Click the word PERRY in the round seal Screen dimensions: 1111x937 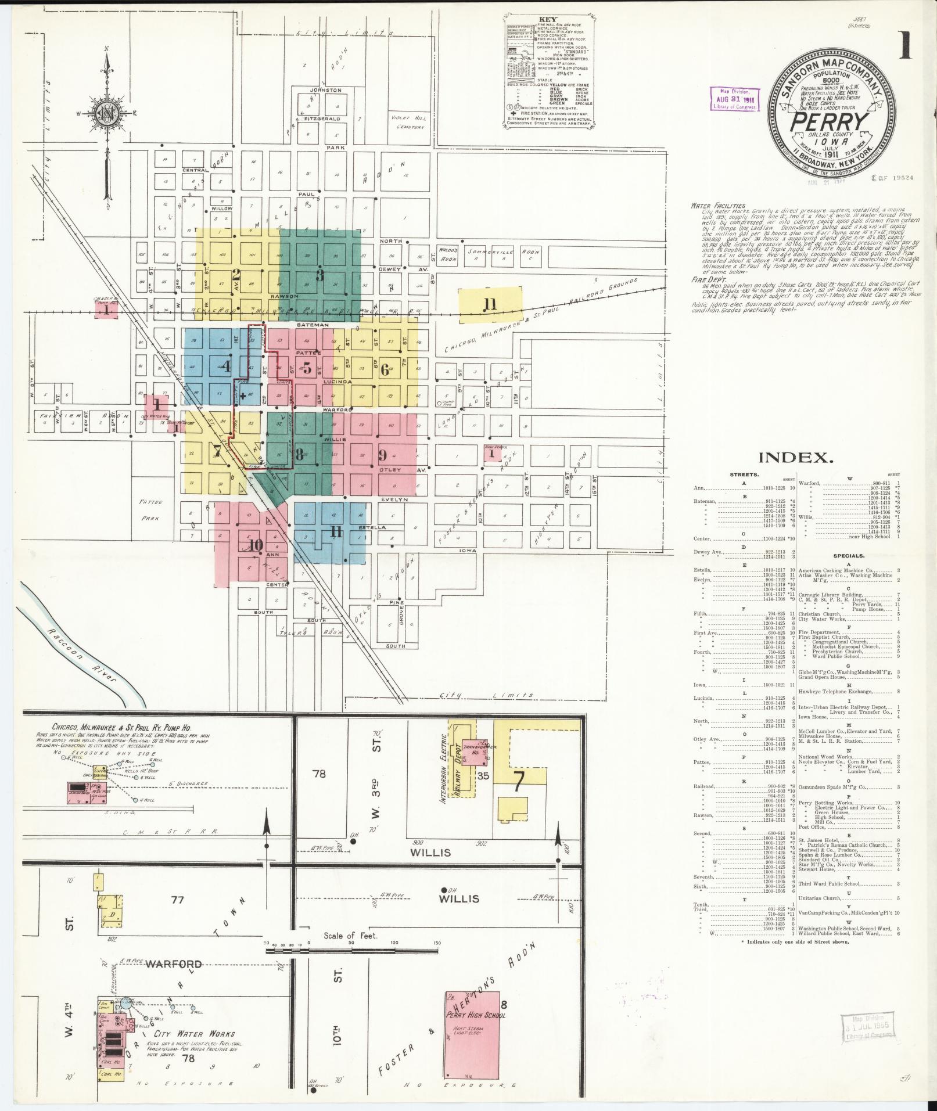(828, 123)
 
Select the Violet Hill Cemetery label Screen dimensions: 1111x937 (410, 122)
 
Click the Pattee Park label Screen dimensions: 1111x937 (150, 510)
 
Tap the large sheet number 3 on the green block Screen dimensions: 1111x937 (319, 275)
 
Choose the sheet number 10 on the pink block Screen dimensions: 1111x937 (255, 544)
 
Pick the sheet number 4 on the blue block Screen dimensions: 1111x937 (226, 366)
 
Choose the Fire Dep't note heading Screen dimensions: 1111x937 (704, 279)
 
